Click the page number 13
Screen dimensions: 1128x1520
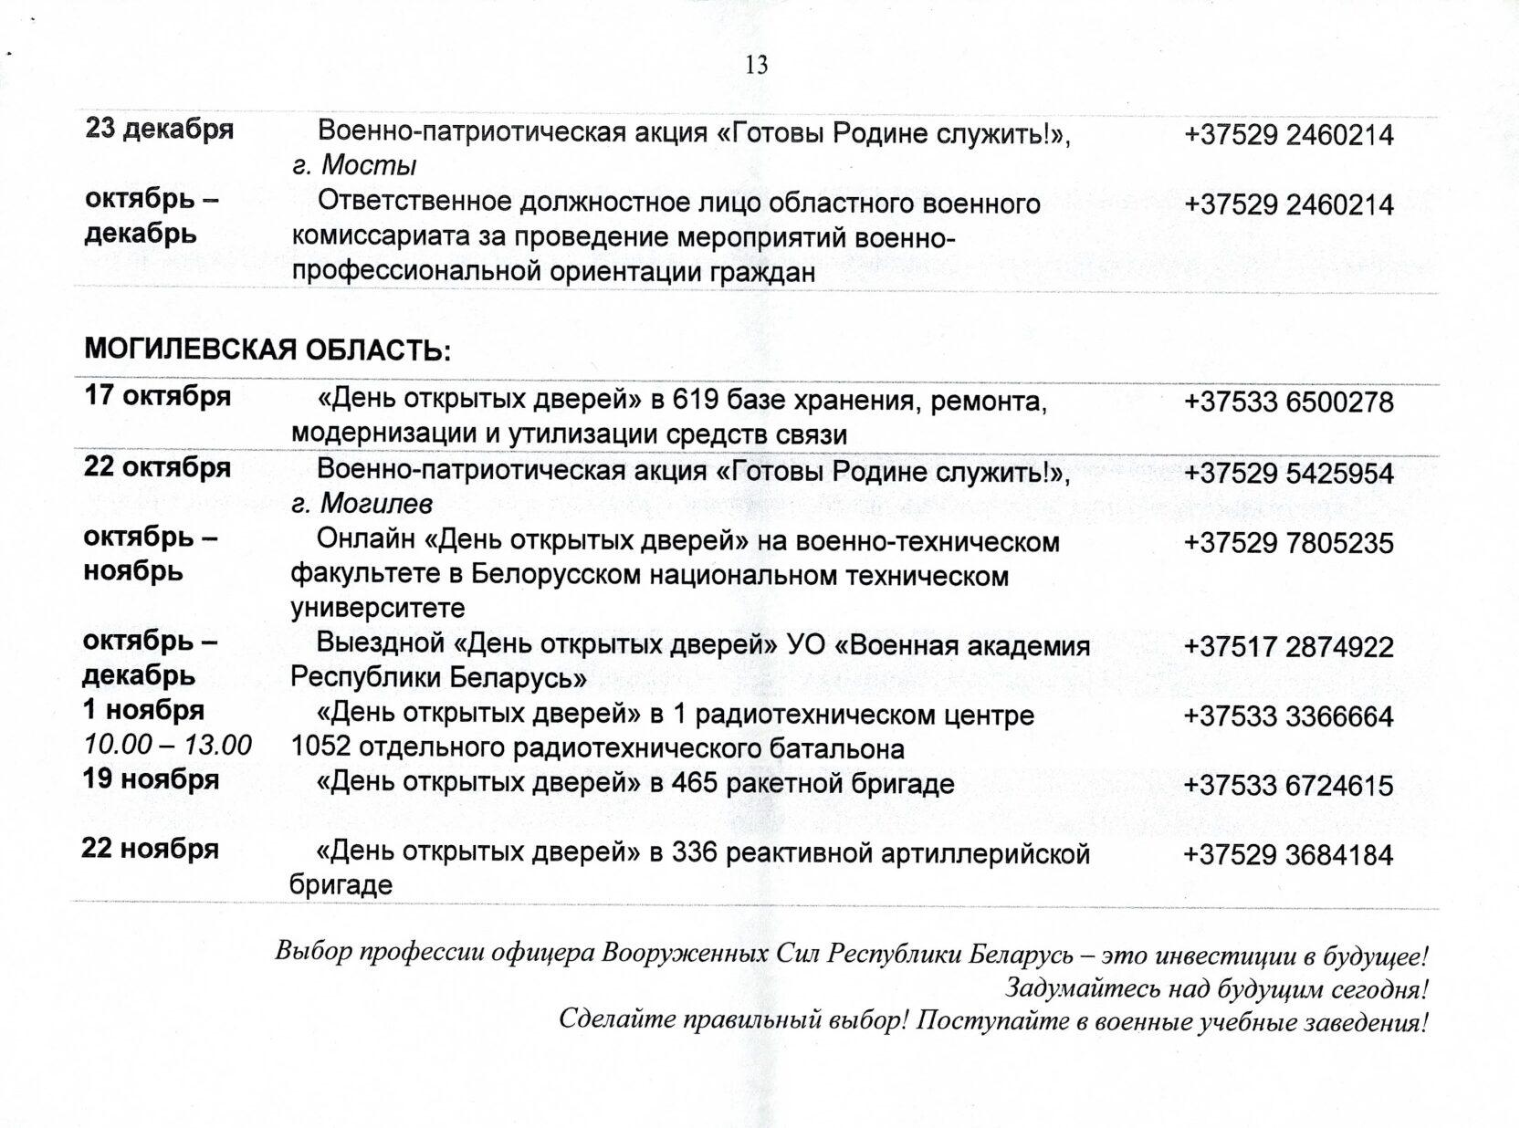(x=757, y=65)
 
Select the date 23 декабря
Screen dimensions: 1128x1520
(x=160, y=130)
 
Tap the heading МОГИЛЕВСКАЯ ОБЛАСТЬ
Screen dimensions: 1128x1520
(x=267, y=350)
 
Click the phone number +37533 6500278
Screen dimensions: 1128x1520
(x=1288, y=402)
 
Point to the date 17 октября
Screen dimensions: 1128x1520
(x=158, y=397)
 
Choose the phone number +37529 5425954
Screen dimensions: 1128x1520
(x=1288, y=474)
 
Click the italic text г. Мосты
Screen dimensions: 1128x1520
(x=354, y=166)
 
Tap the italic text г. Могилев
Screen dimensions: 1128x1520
(x=362, y=504)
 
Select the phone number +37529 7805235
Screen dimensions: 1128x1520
(x=1288, y=544)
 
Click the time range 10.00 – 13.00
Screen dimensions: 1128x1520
(x=168, y=745)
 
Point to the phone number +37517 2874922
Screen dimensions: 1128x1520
(x=1288, y=648)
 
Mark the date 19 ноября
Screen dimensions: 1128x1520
(x=152, y=780)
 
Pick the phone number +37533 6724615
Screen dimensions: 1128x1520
(x=1288, y=786)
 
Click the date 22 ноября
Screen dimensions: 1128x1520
(x=151, y=850)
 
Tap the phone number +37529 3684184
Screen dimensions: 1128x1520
(x=1288, y=856)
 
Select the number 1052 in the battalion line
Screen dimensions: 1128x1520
(x=320, y=749)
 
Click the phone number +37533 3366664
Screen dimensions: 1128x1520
(x=1288, y=716)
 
